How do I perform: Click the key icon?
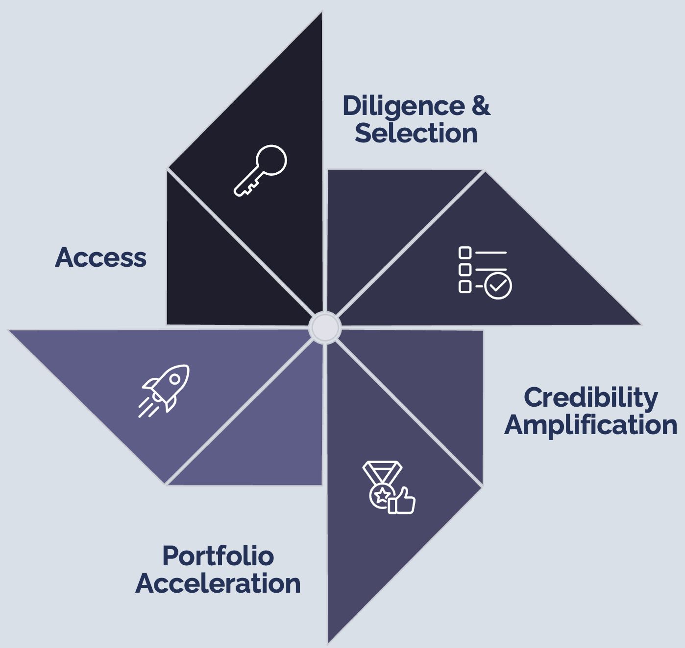click(260, 170)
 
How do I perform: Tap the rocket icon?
click(164, 390)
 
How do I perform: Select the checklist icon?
click(485, 272)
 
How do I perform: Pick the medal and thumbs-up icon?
click(389, 487)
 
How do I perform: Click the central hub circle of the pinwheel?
click(324, 327)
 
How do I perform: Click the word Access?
click(101, 257)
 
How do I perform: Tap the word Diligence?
click(403, 106)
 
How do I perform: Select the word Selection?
click(416, 133)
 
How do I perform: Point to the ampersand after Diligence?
click(481, 106)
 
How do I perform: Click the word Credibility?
click(590, 397)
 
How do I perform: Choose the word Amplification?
click(590, 425)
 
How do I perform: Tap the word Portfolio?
click(218, 556)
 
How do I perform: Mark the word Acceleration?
click(218, 583)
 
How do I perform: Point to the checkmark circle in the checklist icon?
click(498, 286)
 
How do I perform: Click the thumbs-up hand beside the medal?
click(403, 501)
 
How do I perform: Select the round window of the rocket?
click(174, 379)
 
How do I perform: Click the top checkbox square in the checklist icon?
click(465, 253)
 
